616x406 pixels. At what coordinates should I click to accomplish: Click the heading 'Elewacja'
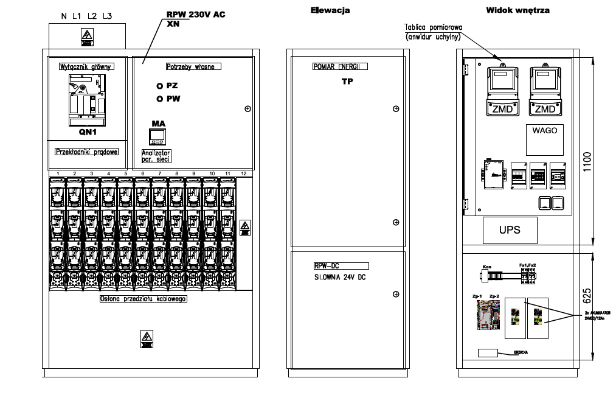click(330, 10)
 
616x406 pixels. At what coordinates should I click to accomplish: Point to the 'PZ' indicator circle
click(160, 86)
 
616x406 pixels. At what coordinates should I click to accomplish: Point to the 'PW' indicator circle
click(160, 99)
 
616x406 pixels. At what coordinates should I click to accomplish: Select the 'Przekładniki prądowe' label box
click(86, 151)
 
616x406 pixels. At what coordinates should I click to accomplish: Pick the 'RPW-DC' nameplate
click(341, 265)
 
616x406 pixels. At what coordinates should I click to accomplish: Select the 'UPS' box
click(510, 230)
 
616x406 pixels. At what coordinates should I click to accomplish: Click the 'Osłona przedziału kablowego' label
click(142, 299)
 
